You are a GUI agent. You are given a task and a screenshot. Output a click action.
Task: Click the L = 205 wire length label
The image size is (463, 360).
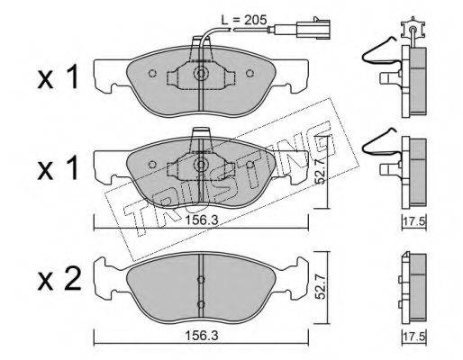click(244, 20)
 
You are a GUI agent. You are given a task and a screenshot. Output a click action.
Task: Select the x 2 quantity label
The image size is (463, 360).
click(59, 280)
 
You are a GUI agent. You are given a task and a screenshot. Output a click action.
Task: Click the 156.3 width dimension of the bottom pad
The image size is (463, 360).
click(201, 336)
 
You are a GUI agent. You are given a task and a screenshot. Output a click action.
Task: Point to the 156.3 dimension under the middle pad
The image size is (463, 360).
click(201, 220)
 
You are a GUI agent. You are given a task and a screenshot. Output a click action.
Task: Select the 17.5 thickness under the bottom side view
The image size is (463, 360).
click(414, 337)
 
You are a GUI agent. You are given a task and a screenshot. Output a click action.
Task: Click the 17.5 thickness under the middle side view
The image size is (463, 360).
click(414, 222)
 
